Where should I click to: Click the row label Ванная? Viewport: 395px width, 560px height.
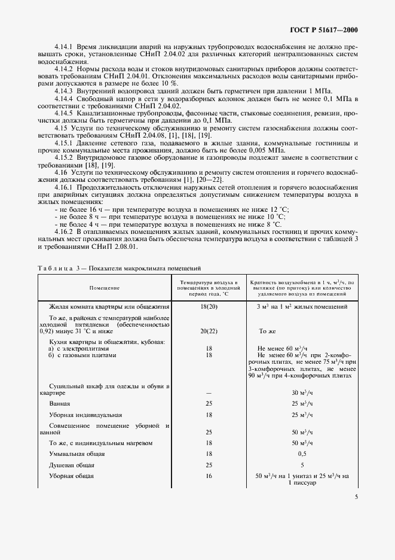(x=60, y=404)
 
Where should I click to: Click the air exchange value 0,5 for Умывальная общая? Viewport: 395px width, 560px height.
(x=302, y=454)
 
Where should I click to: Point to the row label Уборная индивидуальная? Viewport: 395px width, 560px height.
(x=85, y=414)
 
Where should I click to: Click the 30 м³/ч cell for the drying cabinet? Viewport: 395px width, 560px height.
(x=302, y=392)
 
